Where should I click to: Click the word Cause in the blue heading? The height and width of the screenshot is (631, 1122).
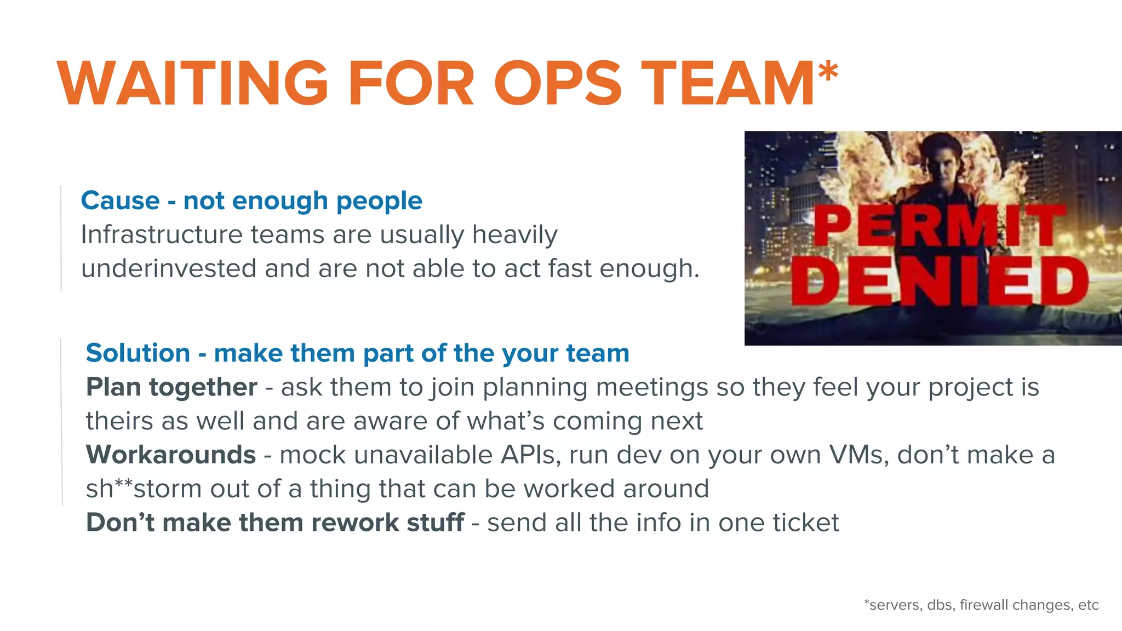point(120,200)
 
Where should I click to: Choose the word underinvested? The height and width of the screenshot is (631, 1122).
point(169,269)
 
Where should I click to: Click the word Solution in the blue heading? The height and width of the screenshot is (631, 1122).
point(138,353)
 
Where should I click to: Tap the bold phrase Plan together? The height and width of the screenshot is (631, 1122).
point(171,387)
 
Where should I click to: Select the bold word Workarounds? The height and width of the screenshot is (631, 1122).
point(171,455)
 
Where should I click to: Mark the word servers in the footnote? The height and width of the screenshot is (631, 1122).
point(895,605)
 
